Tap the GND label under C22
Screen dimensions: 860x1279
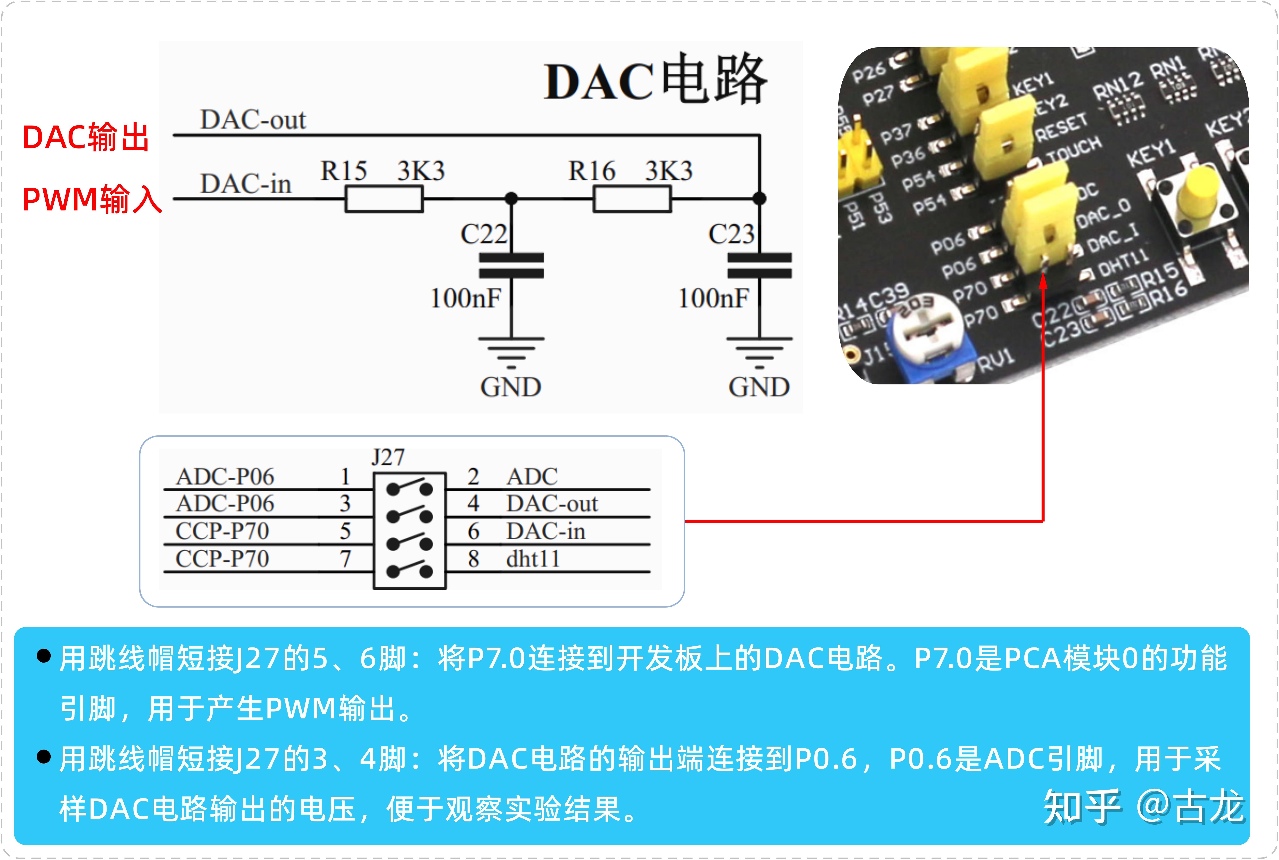(x=511, y=387)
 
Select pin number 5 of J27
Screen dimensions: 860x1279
(x=345, y=531)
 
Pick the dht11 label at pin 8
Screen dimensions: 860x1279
(x=532, y=559)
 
